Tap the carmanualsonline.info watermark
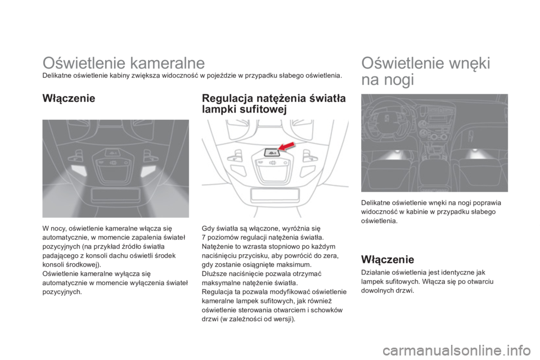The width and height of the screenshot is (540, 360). tap(474, 349)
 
